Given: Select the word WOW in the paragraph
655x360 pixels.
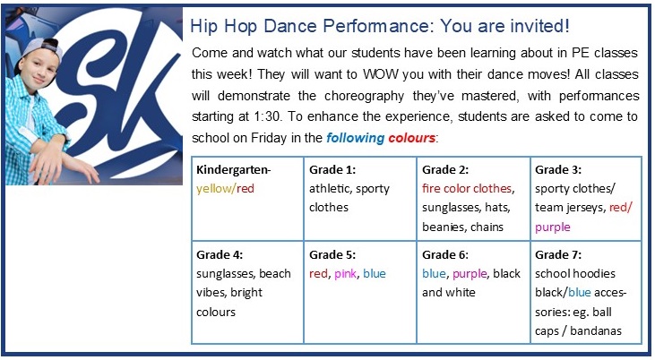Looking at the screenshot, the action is coord(381,74).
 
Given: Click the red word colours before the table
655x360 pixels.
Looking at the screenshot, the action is coord(412,138).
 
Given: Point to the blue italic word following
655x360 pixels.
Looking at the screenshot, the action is coord(355,138).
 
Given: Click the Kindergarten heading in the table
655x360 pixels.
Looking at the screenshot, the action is coord(234,170).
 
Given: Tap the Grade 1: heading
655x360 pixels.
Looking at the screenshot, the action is coord(332,169).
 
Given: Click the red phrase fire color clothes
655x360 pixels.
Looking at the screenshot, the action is coord(467,189).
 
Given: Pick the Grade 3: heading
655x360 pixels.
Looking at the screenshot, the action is coord(558,169).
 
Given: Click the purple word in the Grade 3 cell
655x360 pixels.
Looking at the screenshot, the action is coord(553,227).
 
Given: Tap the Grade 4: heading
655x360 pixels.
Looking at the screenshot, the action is coord(220,254).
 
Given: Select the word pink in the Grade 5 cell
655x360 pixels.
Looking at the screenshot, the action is coord(346,274).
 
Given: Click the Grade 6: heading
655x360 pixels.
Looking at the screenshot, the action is coord(445,254).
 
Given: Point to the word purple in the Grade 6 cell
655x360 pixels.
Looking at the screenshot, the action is coord(470,274).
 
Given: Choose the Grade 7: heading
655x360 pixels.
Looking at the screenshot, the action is coord(558,254).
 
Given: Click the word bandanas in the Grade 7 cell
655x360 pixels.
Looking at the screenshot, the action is coord(596,331).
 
